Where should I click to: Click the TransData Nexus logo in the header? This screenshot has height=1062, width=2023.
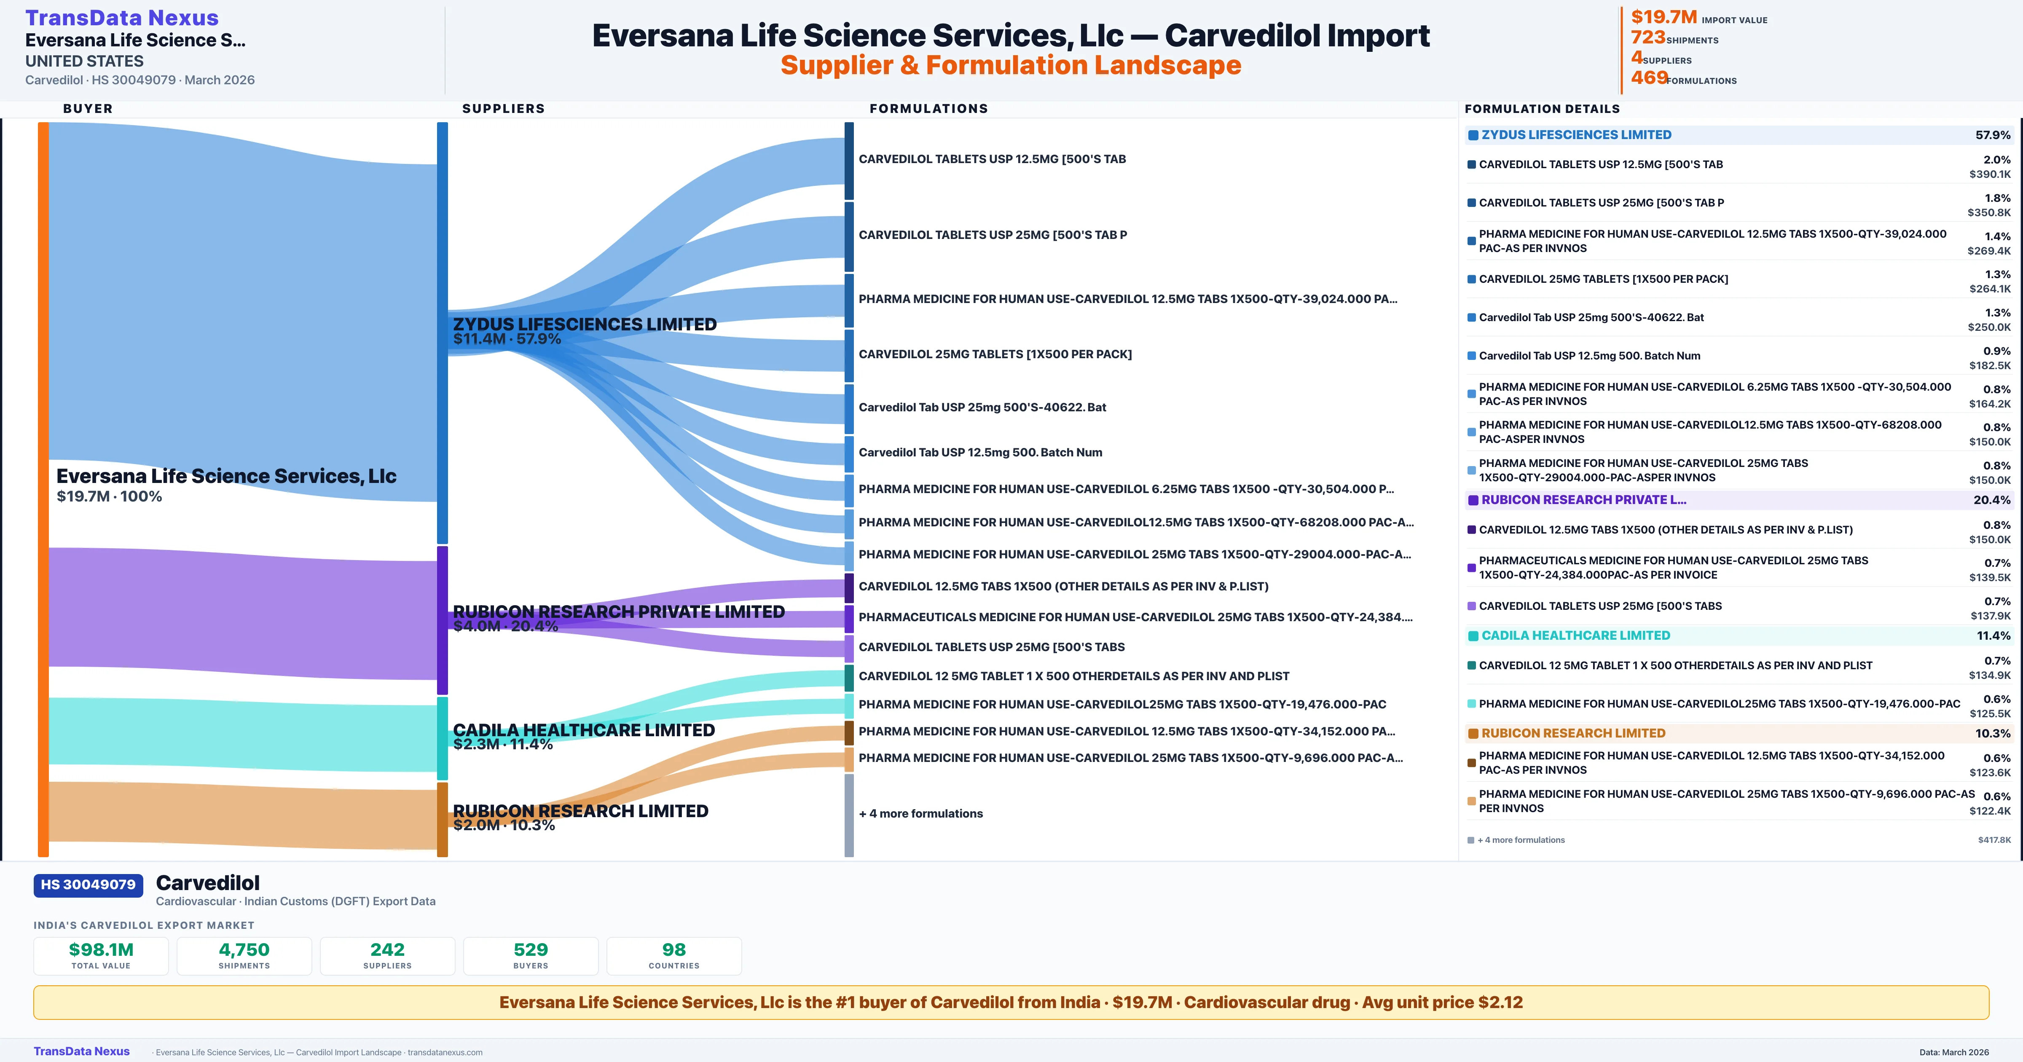122,17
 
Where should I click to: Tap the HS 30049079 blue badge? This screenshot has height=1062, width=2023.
88,885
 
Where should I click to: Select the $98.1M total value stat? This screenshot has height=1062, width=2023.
101,949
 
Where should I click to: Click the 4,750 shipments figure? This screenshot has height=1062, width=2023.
244,949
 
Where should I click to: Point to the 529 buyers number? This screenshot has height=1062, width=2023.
531,949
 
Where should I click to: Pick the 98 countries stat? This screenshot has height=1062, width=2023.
674,949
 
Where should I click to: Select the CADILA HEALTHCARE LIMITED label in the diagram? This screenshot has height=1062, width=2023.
583,730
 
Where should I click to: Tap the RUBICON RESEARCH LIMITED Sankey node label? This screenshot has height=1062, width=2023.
580,811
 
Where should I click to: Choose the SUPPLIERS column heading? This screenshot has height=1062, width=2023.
503,108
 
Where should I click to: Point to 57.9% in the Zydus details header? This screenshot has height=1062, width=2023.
1992,135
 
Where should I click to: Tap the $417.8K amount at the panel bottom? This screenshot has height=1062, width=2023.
1994,840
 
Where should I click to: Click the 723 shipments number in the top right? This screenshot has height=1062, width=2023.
1647,38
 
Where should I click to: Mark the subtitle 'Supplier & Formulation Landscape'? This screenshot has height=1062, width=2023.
1011,65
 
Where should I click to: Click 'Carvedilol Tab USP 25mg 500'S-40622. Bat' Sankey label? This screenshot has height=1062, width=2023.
982,407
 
